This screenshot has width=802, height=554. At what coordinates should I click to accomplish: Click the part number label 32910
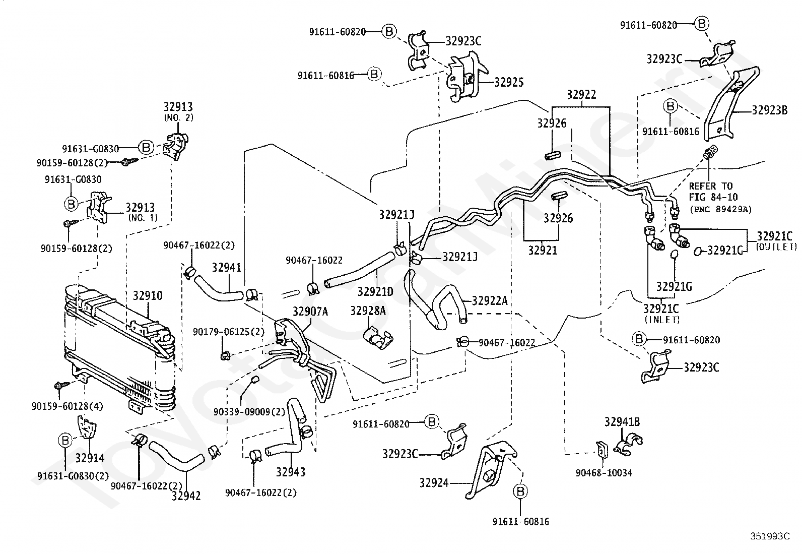[x=148, y=295]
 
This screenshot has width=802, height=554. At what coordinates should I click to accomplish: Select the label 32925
[x=509, y=82]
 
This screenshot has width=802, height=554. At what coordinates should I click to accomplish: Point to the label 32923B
[x=769, y=110]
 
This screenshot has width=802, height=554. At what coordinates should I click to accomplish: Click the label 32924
[x=434, y=483]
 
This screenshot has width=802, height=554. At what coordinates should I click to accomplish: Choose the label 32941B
[x=622, y=422]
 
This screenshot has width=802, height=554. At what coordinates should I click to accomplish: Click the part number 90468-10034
[x=604, y=473]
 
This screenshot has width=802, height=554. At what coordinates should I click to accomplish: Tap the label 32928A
[x=368, y=311]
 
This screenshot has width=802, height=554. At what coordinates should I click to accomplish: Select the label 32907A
[x=310, y=312]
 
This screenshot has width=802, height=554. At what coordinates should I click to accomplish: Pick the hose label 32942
[x=186, y=496]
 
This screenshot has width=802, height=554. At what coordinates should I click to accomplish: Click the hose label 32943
[x=291, y=472]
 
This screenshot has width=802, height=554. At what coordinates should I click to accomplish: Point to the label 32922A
[x=490, y=300]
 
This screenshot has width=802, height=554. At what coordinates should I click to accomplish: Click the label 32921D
[x=375, y=292]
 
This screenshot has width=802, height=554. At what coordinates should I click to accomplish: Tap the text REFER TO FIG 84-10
[x=713, y=192]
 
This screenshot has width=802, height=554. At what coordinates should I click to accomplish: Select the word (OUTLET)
[x=776, y=247]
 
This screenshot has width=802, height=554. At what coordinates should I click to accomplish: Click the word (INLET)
[x=661, y=319]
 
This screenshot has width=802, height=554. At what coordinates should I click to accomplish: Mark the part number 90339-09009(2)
[x=249, y=412]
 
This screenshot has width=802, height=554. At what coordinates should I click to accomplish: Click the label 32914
[x=90, y=458]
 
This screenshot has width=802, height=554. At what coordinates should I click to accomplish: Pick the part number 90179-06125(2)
[x=228, y=332]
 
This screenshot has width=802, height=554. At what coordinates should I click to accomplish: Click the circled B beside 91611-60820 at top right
[x=702, y=24]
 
